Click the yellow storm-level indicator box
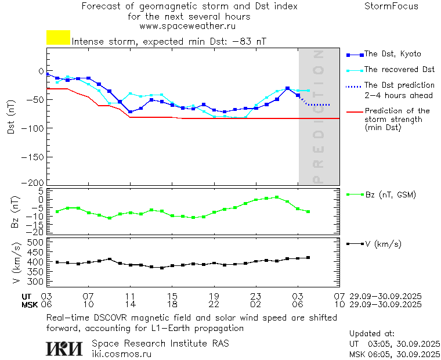pos(58,38)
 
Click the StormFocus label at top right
pos(391,6)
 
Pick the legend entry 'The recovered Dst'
pos(399,69)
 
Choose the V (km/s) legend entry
pos(382,244)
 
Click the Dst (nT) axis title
pos(11,116)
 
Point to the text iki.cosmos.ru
pos(121,353)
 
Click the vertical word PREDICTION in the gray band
pos(318,116)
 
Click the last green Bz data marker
pos(308,211)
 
